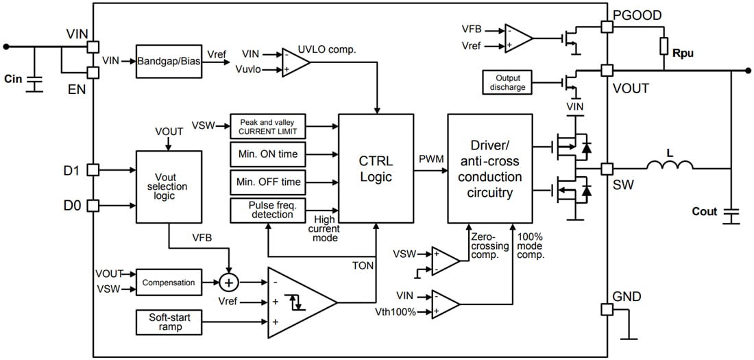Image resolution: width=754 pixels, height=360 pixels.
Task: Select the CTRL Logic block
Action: (376, 168)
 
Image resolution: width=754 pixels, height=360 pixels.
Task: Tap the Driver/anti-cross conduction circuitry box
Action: (489, 168)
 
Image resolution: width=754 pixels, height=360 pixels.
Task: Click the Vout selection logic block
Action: (169, 187)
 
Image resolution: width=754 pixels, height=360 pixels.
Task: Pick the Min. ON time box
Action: (268, 154)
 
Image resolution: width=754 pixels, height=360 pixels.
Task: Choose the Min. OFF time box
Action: (268, 182)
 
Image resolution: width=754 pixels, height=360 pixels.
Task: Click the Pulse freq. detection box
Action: (268, 211)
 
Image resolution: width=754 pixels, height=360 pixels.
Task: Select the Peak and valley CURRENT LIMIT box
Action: (268, 126)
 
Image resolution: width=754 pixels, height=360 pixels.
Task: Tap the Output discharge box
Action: (507, 82)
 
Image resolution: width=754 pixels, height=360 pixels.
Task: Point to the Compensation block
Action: (169, 283)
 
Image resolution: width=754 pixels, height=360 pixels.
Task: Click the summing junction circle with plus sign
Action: (228, 283)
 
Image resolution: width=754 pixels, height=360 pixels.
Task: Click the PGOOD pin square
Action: (607, 26)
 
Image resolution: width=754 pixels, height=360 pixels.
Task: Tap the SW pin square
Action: (607, 169)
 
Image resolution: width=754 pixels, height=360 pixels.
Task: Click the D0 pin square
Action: (93, 204)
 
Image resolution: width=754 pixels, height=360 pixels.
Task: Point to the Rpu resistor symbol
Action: (664, 46)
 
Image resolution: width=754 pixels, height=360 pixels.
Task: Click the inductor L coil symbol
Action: (669, 166)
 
